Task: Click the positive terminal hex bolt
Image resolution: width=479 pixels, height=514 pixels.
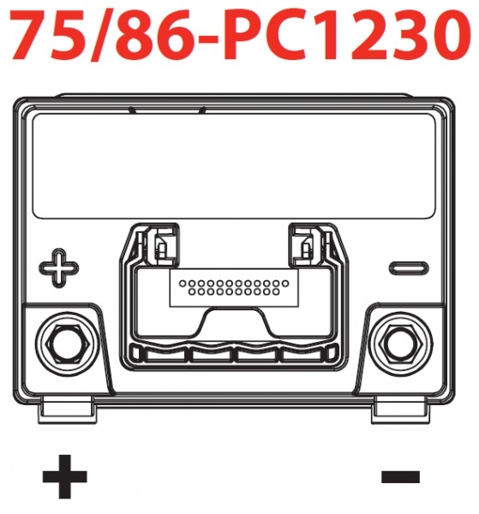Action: (68, 344)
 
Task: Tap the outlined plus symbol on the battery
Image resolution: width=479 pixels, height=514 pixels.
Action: (59, 268)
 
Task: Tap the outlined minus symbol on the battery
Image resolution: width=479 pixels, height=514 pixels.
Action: (409, 268)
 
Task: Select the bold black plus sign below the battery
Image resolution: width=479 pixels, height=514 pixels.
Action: (65, 476)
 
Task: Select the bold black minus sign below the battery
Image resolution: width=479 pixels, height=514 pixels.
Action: (400, 477)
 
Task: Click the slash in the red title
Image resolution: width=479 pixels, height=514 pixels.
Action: (102, 36)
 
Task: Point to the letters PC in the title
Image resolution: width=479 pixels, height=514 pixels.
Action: (260, 36)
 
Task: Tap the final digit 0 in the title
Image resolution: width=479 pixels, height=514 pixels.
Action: (450, 36)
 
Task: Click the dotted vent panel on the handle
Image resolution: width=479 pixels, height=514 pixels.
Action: (234, 289)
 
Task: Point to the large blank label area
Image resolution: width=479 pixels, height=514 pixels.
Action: (235, 166)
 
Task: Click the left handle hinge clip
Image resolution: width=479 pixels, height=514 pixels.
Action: (161, 244)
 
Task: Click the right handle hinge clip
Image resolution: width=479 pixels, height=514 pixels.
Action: (306, 244)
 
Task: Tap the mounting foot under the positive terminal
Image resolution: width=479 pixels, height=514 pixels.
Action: (69, 409)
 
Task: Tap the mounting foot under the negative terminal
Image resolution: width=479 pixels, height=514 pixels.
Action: (401, 409)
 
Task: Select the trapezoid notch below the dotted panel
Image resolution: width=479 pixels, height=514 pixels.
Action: (234, 323)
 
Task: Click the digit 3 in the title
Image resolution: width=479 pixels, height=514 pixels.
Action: (409, 36)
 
